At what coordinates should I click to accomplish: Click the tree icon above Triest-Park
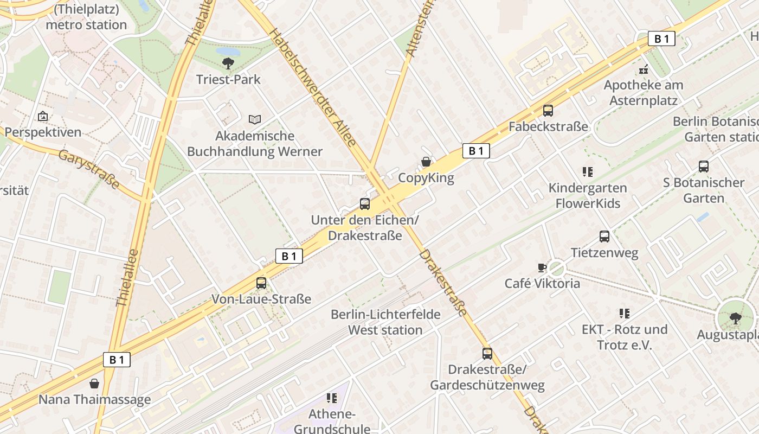click(x=228, y=63)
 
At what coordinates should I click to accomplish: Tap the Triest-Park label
click(x=228, y=80)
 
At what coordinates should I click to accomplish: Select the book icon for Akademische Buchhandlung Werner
click(x=254, y=119)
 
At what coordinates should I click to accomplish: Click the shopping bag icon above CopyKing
click(x=426, y=162)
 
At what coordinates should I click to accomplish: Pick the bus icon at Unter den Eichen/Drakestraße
click(x=365, y=204)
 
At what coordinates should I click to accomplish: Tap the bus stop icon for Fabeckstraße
click(x=548, y=111)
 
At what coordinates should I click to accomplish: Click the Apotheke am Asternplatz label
click(x=644, y=93)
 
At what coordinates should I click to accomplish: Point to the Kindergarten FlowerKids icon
click(x=587, y=172)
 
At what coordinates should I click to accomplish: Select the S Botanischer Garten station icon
click(x=704, y=167)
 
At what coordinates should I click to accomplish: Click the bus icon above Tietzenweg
click(x=604, y=237)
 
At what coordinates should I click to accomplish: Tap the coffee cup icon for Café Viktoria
click(x=542, y=267)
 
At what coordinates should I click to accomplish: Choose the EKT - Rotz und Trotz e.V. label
click(x=624, y=337)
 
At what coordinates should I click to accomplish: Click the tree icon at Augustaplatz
click(x=736, y=318)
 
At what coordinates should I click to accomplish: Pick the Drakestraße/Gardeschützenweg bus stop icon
click(x=487, y=354)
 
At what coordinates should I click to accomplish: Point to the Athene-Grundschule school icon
click(x=332, y=398)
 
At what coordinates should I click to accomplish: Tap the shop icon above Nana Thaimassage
click(x=94, y=384)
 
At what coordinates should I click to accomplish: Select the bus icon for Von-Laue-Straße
click(x=261, y=283)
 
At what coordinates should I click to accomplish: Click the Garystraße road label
click(x=89, y=170)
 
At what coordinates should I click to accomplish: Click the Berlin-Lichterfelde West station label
click(x=385, y=322)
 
